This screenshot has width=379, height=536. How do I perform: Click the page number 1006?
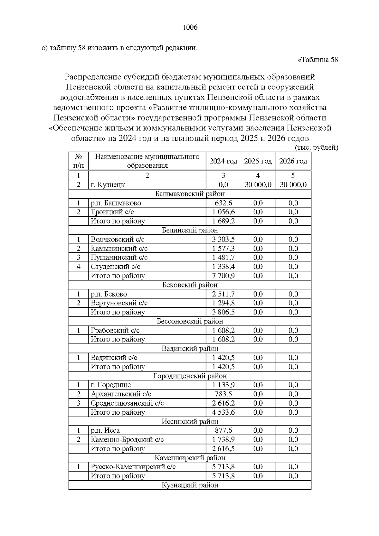(x=190, y=27)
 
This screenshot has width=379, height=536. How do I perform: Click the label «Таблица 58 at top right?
(x=318, y=60)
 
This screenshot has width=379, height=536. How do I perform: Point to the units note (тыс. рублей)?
(x=316, y=148)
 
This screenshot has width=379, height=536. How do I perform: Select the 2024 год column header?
(x=223, y=161)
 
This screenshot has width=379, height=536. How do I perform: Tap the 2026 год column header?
(x=293, y=161)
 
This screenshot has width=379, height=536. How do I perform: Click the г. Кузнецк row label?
(x=108, y=185)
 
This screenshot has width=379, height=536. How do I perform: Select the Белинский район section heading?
(x=190, y=230)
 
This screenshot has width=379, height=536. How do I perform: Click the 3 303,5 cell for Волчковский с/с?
(x=223, y=239)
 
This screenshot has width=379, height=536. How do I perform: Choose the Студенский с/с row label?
(x=115, y=267)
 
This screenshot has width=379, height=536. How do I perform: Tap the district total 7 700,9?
(x=223, y=276)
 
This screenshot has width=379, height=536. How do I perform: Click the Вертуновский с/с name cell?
(x=119, y=303)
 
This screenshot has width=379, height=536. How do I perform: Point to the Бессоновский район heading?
(x=190, y=321)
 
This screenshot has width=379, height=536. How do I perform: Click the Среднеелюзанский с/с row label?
(x=127, y=403)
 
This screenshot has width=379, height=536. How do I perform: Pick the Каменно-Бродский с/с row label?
(x=127, y=439)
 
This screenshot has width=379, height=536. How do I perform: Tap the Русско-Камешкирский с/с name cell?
(x=133, y=467)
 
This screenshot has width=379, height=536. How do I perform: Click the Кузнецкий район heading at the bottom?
(x=190, y=485)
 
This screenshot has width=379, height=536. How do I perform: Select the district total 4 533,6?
(x=223, y=412)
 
